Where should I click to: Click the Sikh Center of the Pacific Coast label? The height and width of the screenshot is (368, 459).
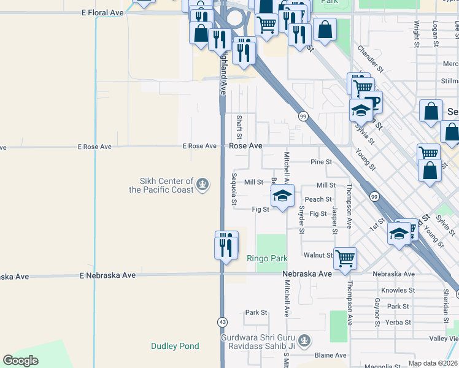(x=161, y=185)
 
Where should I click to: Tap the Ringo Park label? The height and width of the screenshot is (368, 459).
(x=267, y=258)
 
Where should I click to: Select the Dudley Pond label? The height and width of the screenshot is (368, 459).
(x=175, y=346)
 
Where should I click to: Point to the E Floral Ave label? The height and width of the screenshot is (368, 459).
(x=102, y=12)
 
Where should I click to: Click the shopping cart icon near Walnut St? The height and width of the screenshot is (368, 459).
(x=345, y=258)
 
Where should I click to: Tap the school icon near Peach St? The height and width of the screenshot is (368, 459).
(x=282, y=196)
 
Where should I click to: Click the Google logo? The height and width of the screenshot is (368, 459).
(x=20, y=360)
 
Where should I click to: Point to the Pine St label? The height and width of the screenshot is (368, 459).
(x=321, y=162)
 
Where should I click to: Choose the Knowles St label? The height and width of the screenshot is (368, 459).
(x=398, y=290)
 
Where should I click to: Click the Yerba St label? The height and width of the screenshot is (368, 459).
(x=398, y=322)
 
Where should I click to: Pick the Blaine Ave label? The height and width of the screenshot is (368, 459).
(x=330, y=355)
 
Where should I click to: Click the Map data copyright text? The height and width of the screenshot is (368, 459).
(x=431, y=363)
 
